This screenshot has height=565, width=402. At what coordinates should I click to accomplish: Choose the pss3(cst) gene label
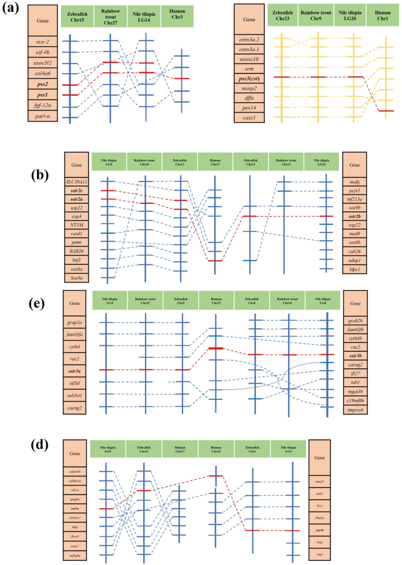click(x=250, y=77)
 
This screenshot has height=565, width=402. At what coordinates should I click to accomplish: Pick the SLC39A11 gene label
click(x=77, y=180)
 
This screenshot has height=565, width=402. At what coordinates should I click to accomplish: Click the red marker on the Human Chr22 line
click(x=216, y=349)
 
